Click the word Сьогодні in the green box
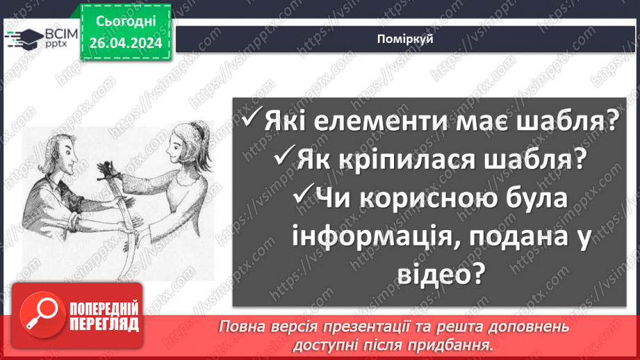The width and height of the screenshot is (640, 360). click(126, 23)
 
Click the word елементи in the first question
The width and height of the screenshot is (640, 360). click(354, 123)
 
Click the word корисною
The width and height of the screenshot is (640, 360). click(422, 199)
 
